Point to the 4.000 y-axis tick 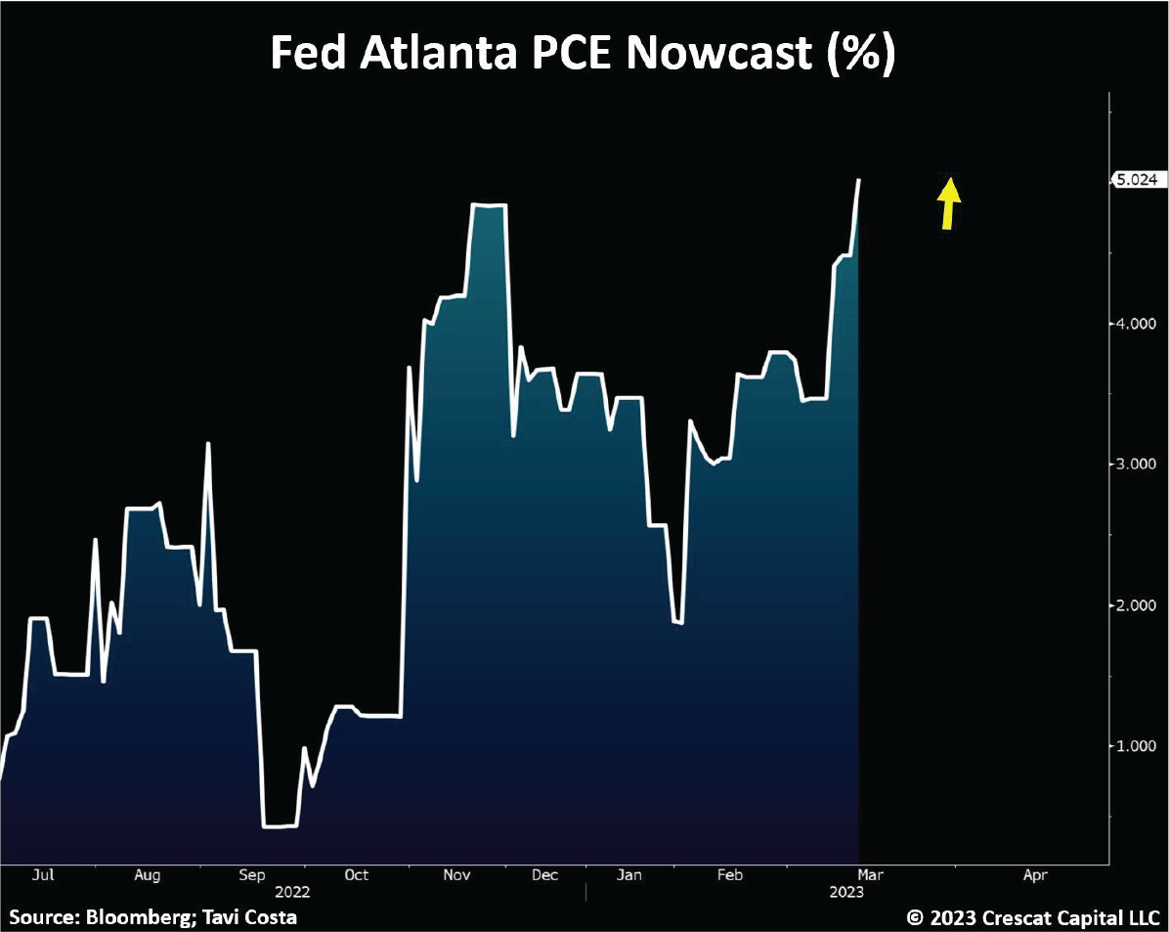click(1136, 323)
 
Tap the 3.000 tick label click(1136, 464)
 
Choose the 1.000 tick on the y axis click(1136, 745)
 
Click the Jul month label click(43, 875)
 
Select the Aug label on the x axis click(147, 875)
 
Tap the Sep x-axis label click(252, 875)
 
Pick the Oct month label click(357, 875)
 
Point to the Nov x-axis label click(456, 875)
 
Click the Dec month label click(545, 875)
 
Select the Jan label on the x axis click(630, 875)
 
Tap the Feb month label click(729, 875)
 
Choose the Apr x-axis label click(1035, 875)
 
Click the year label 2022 click(292, 892)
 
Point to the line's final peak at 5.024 click(859, 180)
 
